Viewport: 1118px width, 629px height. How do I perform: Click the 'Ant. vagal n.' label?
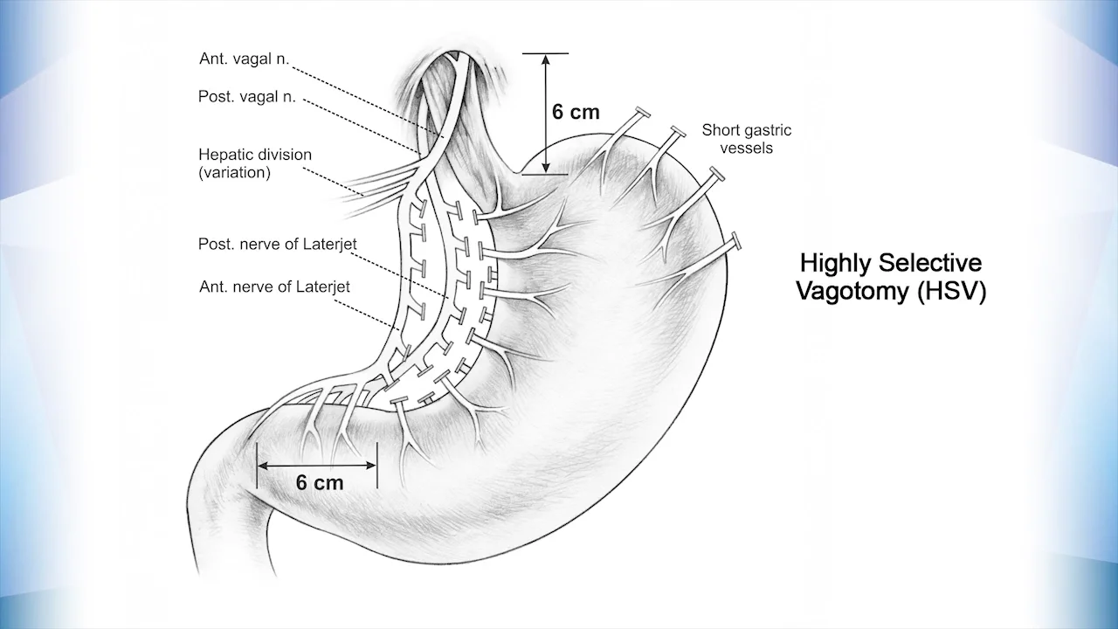244,59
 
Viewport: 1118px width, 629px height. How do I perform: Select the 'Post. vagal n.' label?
247,98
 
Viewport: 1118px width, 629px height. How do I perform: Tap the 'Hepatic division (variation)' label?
254,163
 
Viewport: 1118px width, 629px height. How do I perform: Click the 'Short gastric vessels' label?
747,139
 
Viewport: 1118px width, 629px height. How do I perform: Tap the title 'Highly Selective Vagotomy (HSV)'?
891,277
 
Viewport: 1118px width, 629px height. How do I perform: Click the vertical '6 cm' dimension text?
576,113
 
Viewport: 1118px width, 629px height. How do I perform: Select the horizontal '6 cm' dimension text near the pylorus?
320,482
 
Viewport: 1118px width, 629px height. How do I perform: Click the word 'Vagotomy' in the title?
852,292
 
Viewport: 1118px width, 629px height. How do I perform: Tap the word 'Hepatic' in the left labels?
223,155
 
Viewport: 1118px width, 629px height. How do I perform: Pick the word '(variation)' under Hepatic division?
234,172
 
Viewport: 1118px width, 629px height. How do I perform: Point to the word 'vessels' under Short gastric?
747,148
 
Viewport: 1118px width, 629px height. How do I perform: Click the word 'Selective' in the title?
930,263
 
